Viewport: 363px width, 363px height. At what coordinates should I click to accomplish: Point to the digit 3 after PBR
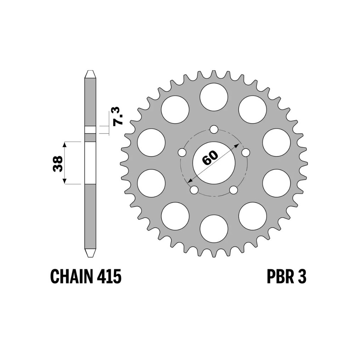click(x=302, y=277)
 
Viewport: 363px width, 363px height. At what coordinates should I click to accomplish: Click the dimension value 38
click(x=58, y=163)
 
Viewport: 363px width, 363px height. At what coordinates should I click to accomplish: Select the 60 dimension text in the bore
click(x=210, y=158)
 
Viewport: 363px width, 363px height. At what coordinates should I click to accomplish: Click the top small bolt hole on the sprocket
click(x=214, y=129)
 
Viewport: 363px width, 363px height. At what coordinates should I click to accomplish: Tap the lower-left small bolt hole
click(x=194, y=190)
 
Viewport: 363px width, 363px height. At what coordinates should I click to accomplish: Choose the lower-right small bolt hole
click(x=234, y=190)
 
